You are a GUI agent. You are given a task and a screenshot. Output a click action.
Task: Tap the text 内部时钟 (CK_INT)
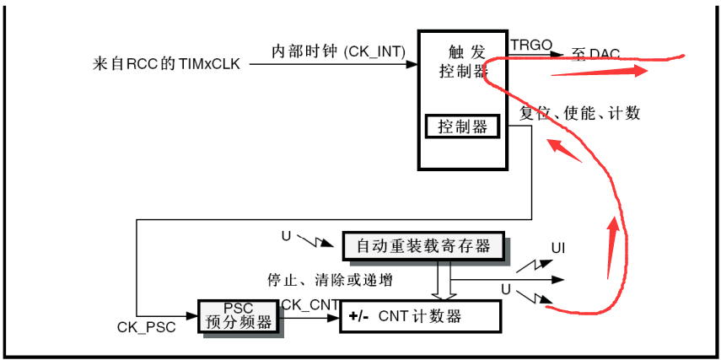pos(338,52)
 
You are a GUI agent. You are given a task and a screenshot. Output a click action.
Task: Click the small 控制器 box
pos(463,127)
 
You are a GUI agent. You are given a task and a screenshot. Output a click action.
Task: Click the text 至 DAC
pos(595,55)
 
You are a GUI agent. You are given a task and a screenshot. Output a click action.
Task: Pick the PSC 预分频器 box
pos(239,314)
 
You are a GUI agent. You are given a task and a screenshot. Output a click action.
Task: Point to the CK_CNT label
pos(310,303)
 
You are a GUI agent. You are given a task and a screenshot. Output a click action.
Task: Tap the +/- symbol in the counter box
pos(358,317)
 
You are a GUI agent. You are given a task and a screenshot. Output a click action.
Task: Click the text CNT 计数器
pos(420,317)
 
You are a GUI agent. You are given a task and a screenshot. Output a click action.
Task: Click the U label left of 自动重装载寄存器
pos(286,236)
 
